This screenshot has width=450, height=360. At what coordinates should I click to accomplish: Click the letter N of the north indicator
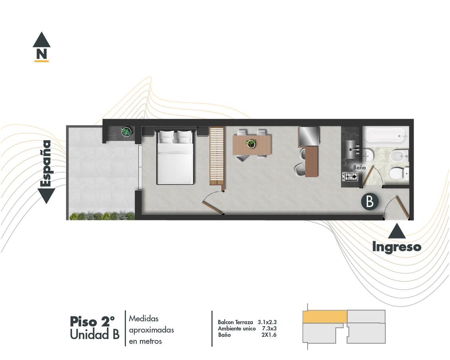click(42, 54)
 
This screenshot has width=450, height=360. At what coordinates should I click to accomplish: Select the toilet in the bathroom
click(399, 173)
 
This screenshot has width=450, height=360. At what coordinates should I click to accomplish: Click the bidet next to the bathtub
click(399, 156)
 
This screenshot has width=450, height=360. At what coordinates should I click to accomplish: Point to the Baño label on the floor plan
click(359, 167)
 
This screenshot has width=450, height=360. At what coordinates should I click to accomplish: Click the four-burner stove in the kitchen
click(350, 176)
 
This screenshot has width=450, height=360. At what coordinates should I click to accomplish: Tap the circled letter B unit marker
click(370, 202)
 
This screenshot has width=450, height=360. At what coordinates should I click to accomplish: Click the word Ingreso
click(397, 247)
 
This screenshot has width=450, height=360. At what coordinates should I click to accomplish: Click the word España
click(46, 163)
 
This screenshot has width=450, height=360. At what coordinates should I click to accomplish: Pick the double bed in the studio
click(175, 157)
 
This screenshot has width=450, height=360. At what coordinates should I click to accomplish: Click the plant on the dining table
click(252, 144)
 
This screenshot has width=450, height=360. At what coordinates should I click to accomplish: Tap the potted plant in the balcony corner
click(126, 132)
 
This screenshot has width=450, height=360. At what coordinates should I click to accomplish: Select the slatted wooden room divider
click(217, 157)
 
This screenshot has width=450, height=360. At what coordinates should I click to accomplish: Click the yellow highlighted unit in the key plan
click(325, 317)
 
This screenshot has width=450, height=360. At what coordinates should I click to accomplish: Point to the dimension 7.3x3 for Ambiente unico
click(269, 328)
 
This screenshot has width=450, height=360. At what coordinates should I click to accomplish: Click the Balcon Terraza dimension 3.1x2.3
click(267, 322)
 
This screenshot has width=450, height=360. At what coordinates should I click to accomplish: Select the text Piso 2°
click(92, 322)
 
